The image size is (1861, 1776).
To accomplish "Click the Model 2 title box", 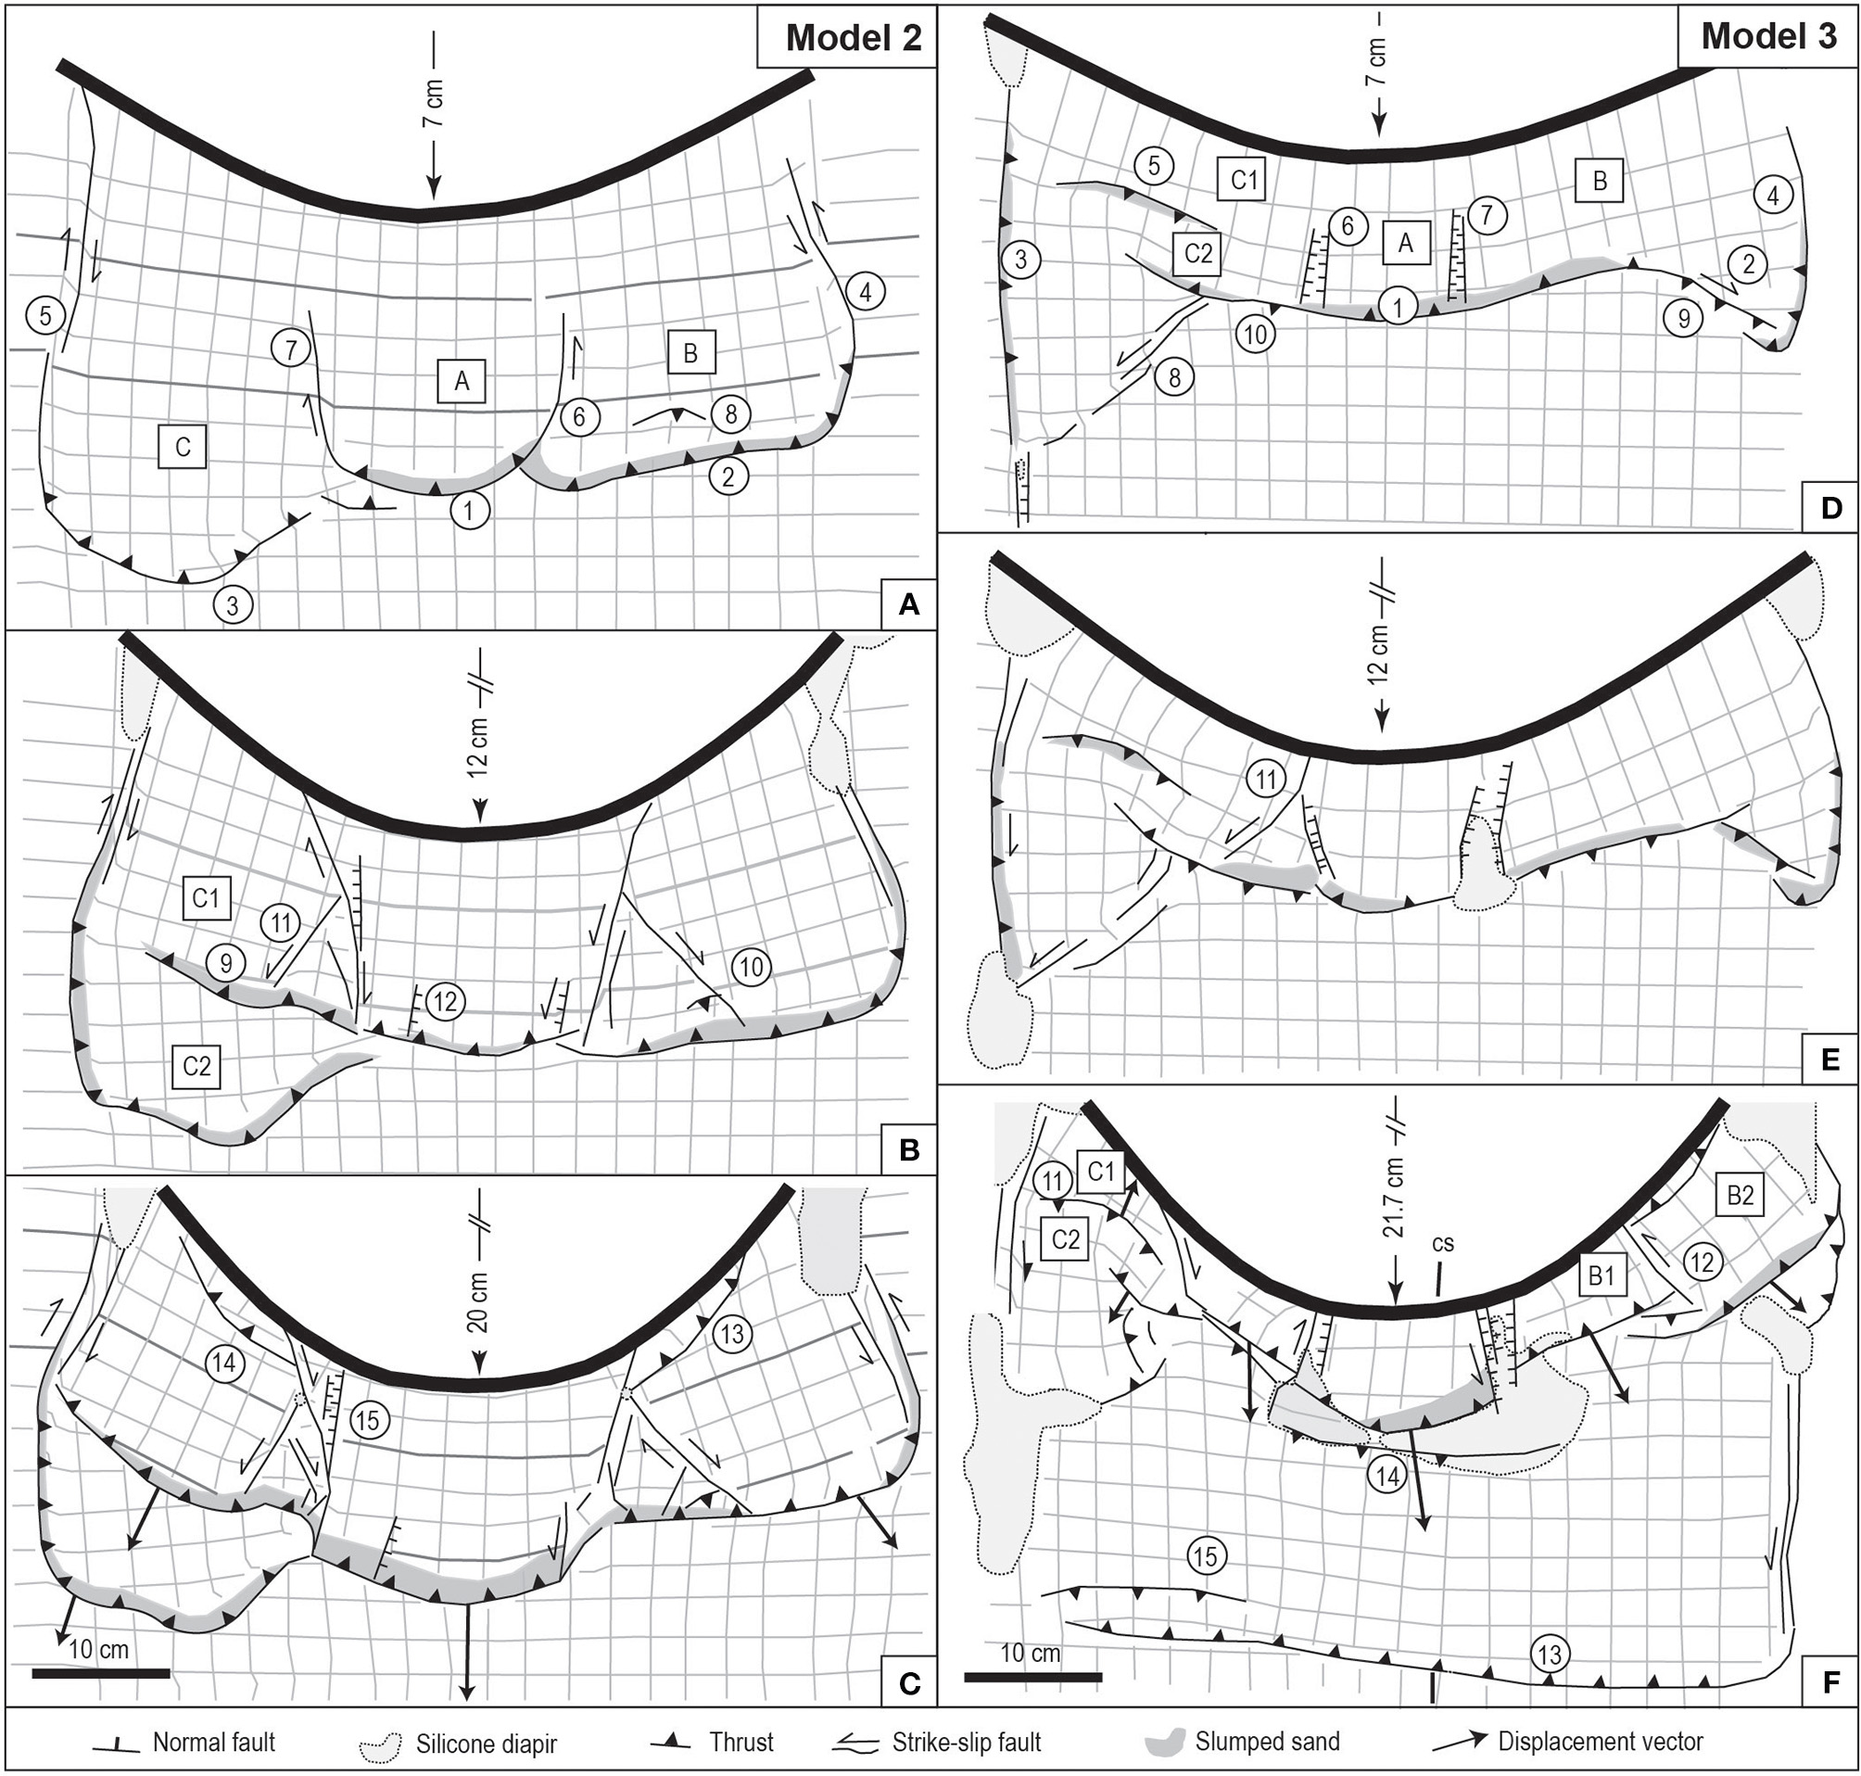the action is click(846, 37).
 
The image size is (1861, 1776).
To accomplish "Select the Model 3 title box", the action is click(1767, 37).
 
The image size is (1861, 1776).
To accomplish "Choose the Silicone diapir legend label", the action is click(486, 1743).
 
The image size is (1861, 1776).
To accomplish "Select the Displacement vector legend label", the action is click(1600, 1742).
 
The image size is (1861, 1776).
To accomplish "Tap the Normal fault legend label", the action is click(214, 1742).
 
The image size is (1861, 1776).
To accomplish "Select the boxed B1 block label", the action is click(1601, 1276).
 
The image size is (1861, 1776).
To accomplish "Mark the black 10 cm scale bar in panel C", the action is click(101, 1673).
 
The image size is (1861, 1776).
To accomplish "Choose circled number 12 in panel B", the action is click(446, 1001).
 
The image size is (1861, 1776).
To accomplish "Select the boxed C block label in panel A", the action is click(183, 448).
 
